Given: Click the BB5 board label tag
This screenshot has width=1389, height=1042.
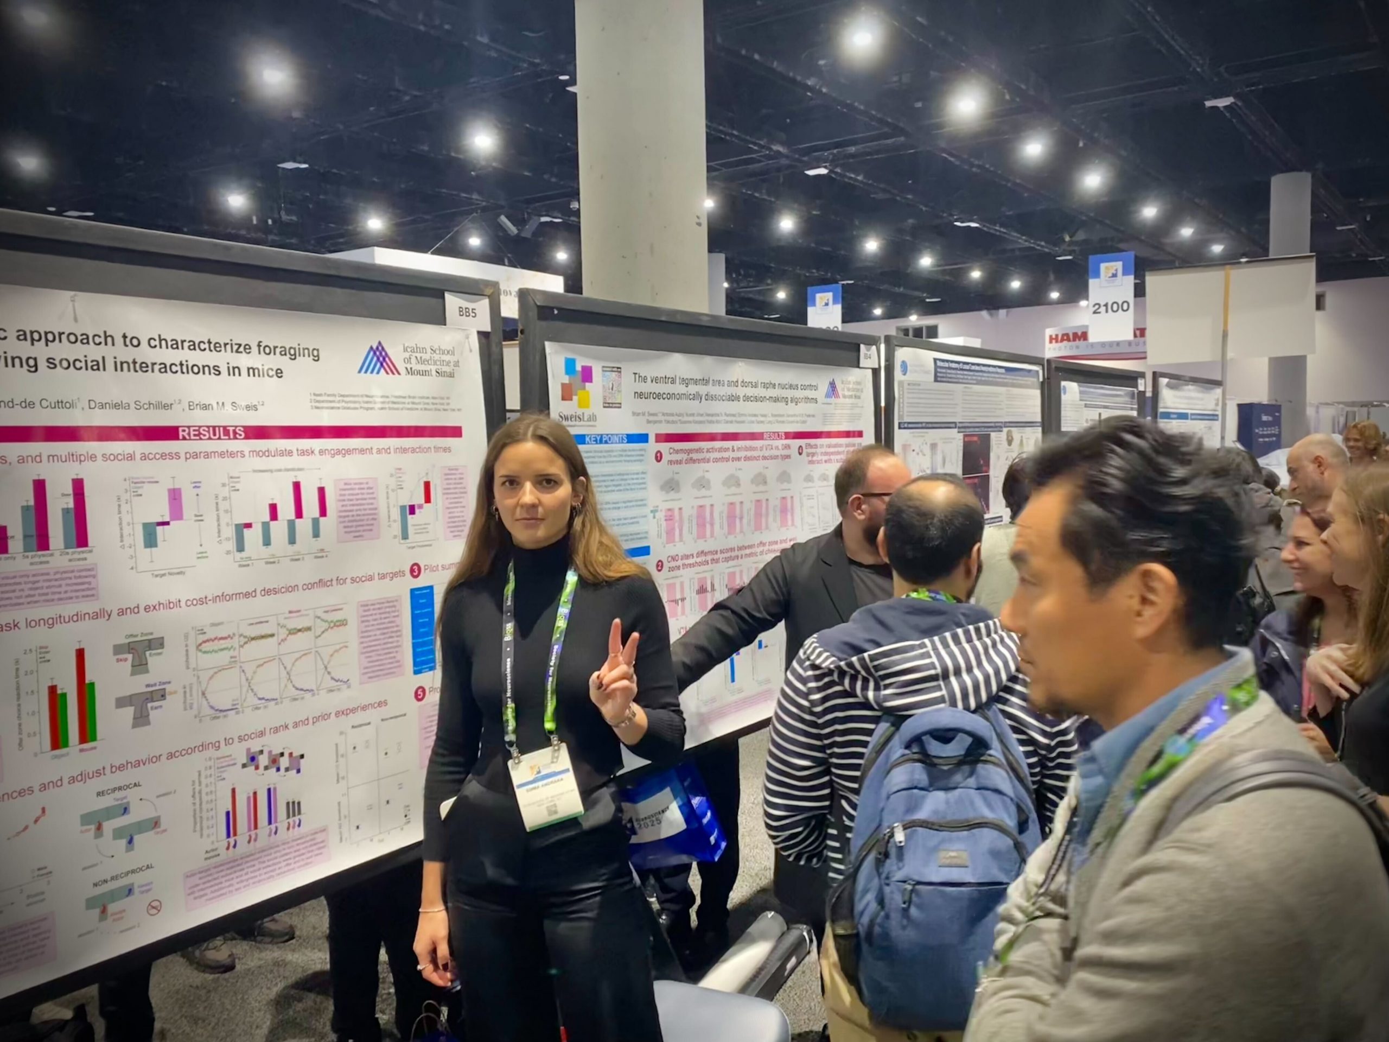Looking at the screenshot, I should pos(467,310).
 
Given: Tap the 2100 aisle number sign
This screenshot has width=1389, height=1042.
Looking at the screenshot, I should pos(1111,307).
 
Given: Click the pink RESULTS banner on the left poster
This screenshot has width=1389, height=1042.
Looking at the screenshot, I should pos(212,433).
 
